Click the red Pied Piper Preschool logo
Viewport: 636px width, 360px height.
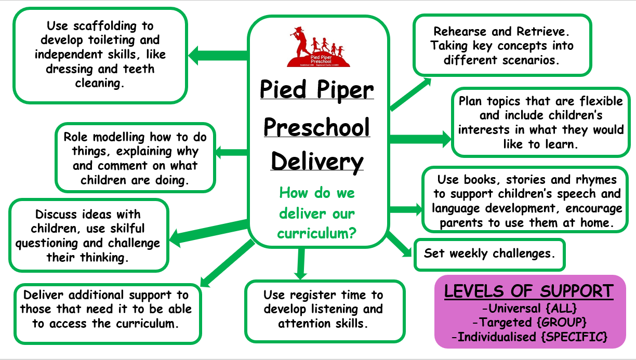319,48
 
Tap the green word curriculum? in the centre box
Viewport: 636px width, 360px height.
316,233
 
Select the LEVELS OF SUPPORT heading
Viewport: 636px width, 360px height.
528,291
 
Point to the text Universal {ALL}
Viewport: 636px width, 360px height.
528,308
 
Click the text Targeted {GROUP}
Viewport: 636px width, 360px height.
528,322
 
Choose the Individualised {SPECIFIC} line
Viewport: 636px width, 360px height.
529,337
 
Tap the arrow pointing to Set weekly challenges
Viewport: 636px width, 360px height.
400,244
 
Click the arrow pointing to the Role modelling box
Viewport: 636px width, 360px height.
231,152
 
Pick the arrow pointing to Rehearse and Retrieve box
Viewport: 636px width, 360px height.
410,94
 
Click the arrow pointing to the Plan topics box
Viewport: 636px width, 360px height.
419,139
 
